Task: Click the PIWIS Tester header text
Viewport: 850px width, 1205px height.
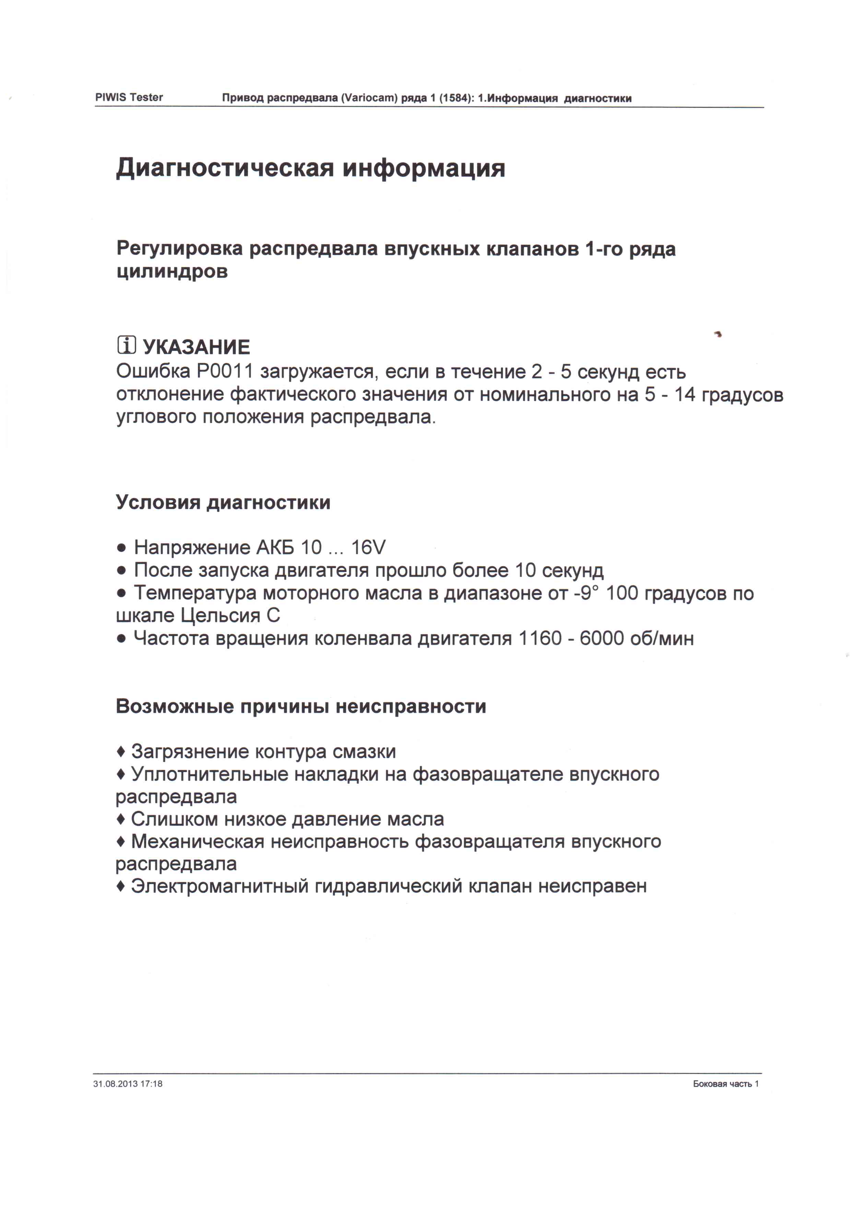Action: pos(129,97)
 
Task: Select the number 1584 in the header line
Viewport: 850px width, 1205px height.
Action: pos(454,98)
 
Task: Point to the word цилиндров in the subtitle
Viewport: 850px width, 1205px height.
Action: pos(172,272)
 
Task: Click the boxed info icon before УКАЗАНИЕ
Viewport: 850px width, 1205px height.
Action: pos(126,345)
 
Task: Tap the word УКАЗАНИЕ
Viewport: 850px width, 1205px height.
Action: pos(197,347)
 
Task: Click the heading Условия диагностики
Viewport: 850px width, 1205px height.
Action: pos(223,502)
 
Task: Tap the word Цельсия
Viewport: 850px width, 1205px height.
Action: pos(220,616)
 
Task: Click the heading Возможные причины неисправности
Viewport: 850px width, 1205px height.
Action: pos(301,706)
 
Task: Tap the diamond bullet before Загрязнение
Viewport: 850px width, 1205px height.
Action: pos(121,752)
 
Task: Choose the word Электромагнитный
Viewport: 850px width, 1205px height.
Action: pos(220,886)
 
